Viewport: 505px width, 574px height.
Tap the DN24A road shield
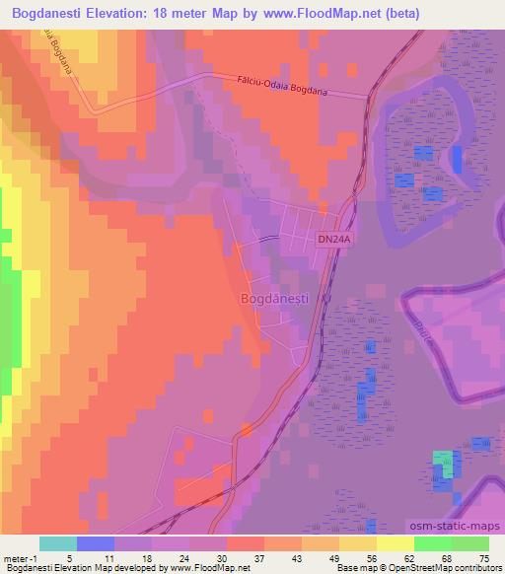click(x=334, y=238)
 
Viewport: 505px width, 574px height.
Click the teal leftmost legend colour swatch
click(x=58, y=543)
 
